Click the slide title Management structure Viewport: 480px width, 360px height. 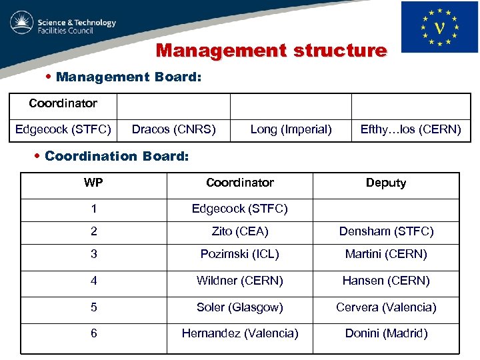pyautogui.click(x=271, y=51)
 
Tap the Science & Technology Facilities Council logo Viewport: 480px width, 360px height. pyautogui.click(x=63, y=26)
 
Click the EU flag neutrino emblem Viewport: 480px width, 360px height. pyautogui.click(x=439, y=27)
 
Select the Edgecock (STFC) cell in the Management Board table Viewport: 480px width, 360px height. pyautogui.click(x=63, y=129)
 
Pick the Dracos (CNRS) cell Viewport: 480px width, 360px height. pyautogui.click(x=173, y=129)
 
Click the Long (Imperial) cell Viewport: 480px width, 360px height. pyautogui.click(x=291, y=129)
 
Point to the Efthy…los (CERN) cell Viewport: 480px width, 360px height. pyautogui.click(x=411, y=129)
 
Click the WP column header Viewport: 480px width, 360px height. pyautogui.click(x=93, y=183)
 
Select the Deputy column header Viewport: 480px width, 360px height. pyautogui.click(x=386, y=183)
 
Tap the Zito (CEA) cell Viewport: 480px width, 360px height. pyautogui.click(x=240, y=231)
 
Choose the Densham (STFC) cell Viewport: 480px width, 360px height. pyautogui.click(x=386, y=231)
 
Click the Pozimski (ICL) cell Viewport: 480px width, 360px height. pyautogui.click(x=240, y=254)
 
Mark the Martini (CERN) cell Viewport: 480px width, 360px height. pyautogui.click(x=386, y=254)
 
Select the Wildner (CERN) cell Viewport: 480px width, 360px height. pyautogui.click(x=240, y=281)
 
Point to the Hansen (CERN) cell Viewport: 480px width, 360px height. pyautogui.click(x=386, y=281)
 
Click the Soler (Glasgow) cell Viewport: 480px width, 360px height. pyautogui.click(x=240, y=307)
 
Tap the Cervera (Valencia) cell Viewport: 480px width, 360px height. pyautogui.click(x=386, y=307)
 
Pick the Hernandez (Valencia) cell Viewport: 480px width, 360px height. pyautogui.click(x=240, y=333)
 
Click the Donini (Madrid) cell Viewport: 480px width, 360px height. pyautogui.click(x=386, y=333)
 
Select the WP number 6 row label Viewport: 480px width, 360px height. pyautogui.click(x=93, y=333)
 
